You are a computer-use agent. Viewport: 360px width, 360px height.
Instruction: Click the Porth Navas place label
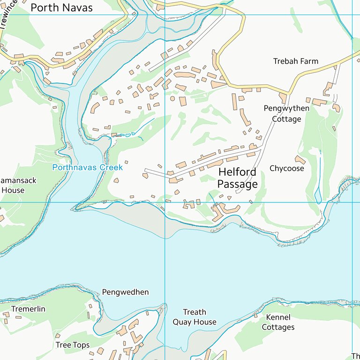(x=61, y=8)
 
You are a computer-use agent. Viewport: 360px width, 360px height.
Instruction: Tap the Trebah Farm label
(x=295, y=61)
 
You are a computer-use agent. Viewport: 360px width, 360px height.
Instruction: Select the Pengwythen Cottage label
(x=286, y=114)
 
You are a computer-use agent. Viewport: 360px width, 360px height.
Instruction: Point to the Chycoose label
(x=287, y=168)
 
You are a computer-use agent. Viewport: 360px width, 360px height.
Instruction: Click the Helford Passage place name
(x=237, y=178)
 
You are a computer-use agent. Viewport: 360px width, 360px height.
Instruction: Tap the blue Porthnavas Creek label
(x=88, y=167)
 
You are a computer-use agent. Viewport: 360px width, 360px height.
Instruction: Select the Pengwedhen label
(x=125, y=292)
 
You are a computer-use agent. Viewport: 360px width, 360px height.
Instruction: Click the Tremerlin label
(x=28, y=309)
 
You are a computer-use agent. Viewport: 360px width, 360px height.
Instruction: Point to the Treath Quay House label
(x=195, y=317)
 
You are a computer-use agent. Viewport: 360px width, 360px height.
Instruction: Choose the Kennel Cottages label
(x=278, y=322)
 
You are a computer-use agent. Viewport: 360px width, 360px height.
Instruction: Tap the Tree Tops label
(x=72, y=345)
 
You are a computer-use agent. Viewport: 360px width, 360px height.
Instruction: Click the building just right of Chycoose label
(x=300, y=160)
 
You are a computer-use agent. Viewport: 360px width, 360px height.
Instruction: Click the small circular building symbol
(x=172, y=99)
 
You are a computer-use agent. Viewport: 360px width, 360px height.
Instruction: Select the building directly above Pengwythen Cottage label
(x=283, y=97)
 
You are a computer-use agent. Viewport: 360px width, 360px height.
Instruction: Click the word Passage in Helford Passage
(x=237, y=184)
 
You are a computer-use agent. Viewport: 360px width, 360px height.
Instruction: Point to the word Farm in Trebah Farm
(x=310, y=61)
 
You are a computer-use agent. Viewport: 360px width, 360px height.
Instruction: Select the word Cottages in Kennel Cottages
(x=278, y=327)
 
